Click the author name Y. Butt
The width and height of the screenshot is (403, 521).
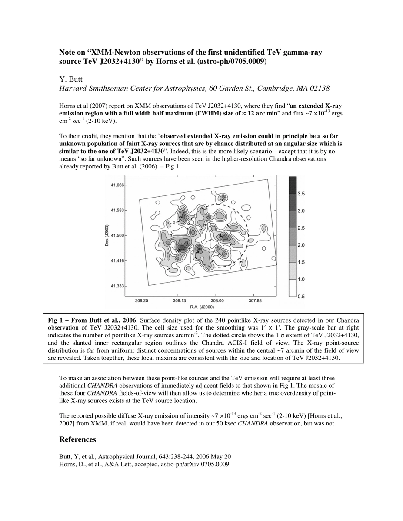pos(71,79)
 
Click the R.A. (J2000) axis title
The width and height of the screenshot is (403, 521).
pos(202,307)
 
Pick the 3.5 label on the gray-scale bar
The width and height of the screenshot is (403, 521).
pos(300,194)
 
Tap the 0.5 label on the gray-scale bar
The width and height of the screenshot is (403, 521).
pos(300,297)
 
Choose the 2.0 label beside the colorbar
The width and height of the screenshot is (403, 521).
pos(300,245)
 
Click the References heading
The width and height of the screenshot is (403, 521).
pos(77,439)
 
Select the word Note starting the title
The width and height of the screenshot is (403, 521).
pos(67,53)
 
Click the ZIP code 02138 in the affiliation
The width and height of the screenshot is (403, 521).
pos(320,89)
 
